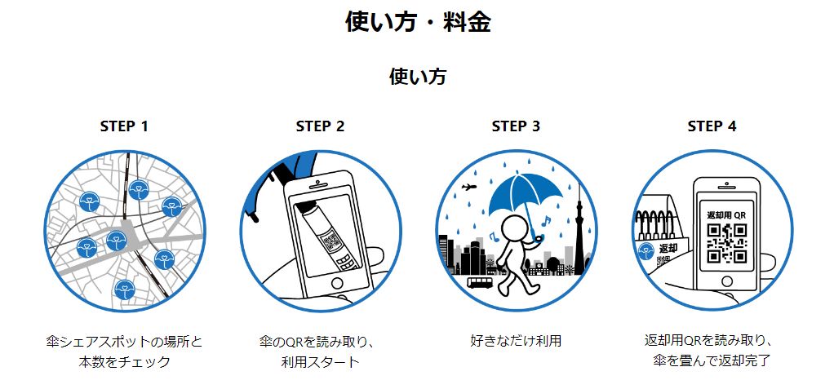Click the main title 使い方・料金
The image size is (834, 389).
(418, 22)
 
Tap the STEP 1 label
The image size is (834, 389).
(124, 126)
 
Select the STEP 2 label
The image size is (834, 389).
(320, 126)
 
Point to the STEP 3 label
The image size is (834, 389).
(516, 126)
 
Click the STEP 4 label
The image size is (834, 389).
(712, 126)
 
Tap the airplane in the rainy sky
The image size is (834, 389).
(468, 187)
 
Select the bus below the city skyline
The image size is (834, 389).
(480, 282)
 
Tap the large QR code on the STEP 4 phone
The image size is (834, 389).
(726, 243)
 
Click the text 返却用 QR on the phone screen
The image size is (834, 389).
(726, 215)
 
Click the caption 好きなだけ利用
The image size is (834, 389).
(516, 340)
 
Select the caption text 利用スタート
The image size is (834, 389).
(320, 362)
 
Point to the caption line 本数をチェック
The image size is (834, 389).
(124, 362)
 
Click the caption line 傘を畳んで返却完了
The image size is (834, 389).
(712, 361)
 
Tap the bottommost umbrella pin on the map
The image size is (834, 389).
(125, 290)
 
